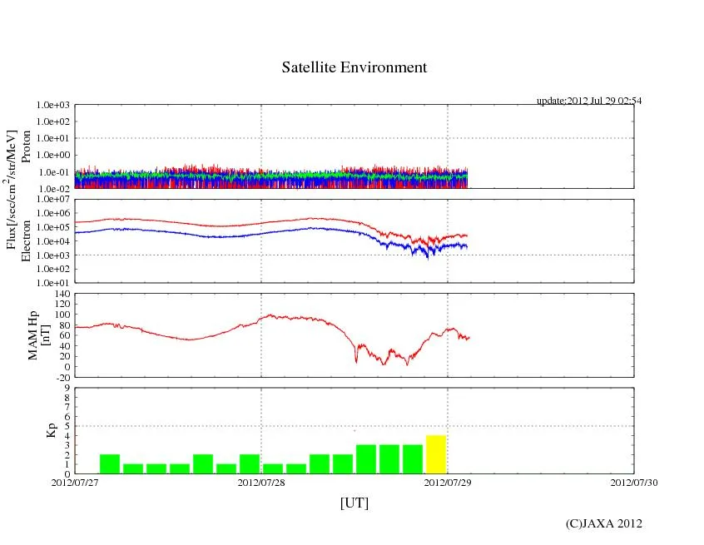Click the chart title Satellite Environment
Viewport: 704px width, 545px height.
pyautogui.click(x=354, y=67)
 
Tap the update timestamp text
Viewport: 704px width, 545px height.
pyautogui.click(x=588, y=101)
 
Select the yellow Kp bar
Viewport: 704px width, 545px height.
pyautogui.click(x=436, y=454)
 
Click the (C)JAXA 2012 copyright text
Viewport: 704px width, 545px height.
pyautogui.click(x=603, y=523)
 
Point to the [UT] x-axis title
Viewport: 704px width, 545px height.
pyautogui.click(x=354, y=503)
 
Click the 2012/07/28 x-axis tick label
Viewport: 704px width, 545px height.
pyautogui.click(x=261, y=482)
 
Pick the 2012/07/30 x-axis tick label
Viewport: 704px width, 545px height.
pyautogui.click(x=634, y=482)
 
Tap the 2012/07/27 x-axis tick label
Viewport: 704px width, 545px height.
pyautogui.click(x=75, y=482)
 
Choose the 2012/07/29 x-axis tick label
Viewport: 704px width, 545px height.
pyautogui.click(x=448, y=482)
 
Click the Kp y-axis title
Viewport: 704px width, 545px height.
pyautogui.click(x=52, y=430)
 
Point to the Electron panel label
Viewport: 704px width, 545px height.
pyautogui.click(x=26, y=240)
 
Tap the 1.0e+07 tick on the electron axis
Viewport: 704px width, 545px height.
pyautogui.click(x=54, y=200)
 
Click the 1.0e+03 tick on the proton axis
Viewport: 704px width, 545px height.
pyautogui.click(x=54, y=106)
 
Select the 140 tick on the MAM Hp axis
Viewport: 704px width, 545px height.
pyautogui.click(x=62, y=294)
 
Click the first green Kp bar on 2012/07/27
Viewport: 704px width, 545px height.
pyautogui.click(x=110, y=463)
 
